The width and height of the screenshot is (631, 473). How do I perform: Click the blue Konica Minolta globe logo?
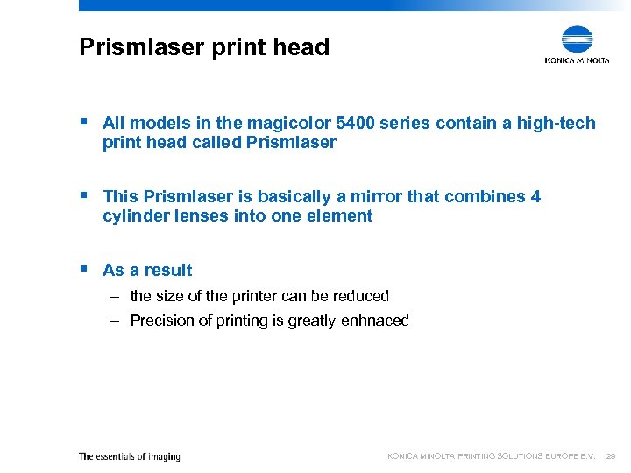tap(578, 39)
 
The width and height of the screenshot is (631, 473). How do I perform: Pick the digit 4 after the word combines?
tap(535, 196)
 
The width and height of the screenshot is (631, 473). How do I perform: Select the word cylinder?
tap(136, 216)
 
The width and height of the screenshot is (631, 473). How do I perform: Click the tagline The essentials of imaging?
tap(129, 456)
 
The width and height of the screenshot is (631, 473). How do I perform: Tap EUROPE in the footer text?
tap(562, 456)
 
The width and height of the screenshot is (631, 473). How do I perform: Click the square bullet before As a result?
tap(83, 270)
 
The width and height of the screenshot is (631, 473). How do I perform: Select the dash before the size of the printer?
tap(115, 296)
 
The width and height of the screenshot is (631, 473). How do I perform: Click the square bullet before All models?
tap(83, 123)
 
